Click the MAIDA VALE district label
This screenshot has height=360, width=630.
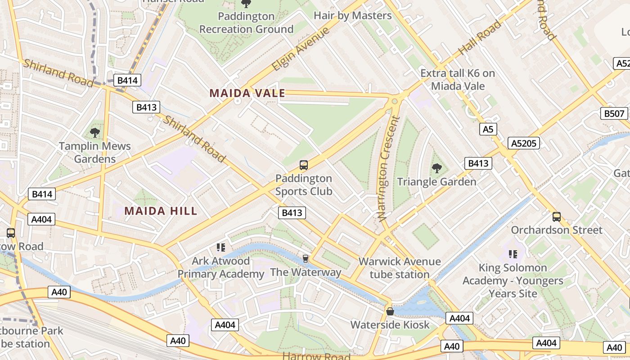tap(247, 93)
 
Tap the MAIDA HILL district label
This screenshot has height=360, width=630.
tap(161, 211)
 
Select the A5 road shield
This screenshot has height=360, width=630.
tap(488, 130)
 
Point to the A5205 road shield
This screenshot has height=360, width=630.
tap(524, 143)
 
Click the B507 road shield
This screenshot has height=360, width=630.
tap(614, 113)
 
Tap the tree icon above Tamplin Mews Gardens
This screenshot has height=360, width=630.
tap(94, 132)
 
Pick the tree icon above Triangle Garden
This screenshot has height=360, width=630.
tap(436, 168)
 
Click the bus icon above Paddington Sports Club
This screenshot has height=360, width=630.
tap(304, 165)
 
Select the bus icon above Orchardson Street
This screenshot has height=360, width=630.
tap(557, 216)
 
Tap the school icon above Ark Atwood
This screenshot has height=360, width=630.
tap(220, 247)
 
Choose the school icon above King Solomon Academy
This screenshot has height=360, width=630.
tap(513, 254)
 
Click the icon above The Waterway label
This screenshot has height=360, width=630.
tap(305, 258)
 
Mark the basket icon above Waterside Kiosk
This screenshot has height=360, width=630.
tap(390, 311)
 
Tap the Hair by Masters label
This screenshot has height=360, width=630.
tap(352, 15)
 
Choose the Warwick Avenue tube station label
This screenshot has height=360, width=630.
tap(400, 268)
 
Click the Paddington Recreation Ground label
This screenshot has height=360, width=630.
tap(246, 22)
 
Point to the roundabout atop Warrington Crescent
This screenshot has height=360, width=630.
tap(395, 101)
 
